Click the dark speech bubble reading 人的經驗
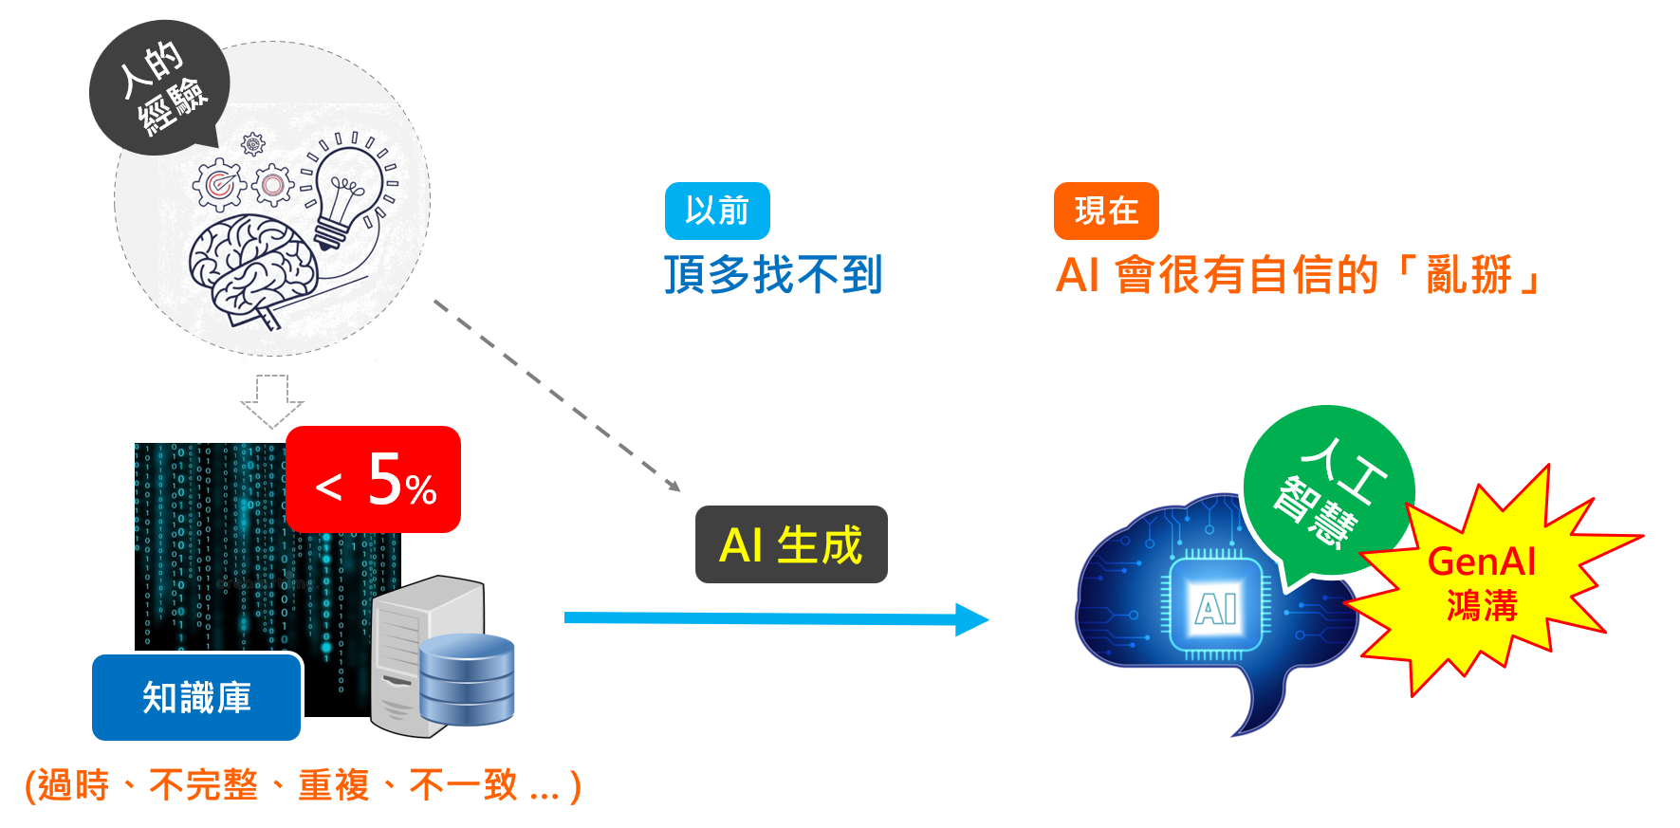tap(158, 87)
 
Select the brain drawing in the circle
tap(250, 266)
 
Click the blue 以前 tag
tap(717, 211)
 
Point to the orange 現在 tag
tap(1106, 211)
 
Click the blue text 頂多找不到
tap(773, 275)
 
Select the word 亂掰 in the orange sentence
tap(1469, 275)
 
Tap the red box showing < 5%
tap(373, 480)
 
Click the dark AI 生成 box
tap(791, 544)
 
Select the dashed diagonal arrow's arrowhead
tap(674, 486)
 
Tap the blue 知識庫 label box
tap(196, 697)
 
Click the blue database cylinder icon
tap(467, 679)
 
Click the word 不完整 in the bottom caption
tap(204, 785)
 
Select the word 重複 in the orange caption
tap(333, 785)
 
